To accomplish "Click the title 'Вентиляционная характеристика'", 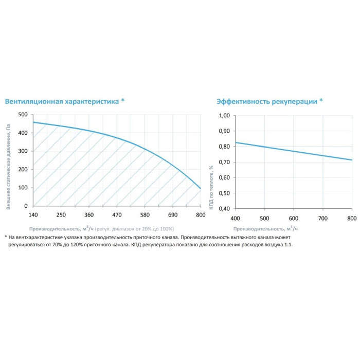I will pos(61,101).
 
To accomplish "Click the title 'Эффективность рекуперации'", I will pos(266,101).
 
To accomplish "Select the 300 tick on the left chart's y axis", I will pos(22,151).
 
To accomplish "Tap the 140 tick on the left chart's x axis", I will pos(33,214).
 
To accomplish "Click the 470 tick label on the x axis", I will pos(117,214).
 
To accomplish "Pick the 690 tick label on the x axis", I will pos(172,214).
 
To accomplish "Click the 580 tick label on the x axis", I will pos(145,214).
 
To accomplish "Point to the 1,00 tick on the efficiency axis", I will pos(224,116).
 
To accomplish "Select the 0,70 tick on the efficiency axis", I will pos(224,162).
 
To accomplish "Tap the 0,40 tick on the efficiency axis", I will pos(224,209).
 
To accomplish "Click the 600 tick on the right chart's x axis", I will pos(294,218).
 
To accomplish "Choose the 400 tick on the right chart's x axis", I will pos(236,218).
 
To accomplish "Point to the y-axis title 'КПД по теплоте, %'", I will pos(211,165).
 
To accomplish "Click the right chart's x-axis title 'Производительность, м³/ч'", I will pos(265,228).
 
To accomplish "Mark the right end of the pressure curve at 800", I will pos(200,188).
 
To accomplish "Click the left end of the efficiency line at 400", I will pos(236,142).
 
